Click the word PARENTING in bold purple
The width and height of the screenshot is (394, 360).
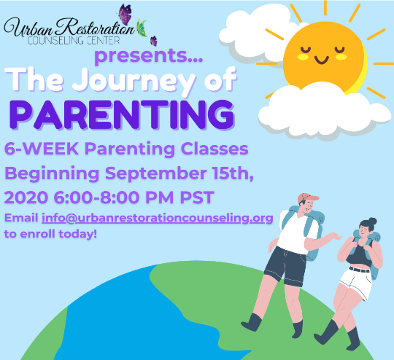pos(123,114)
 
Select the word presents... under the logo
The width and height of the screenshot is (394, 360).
pos(149,56)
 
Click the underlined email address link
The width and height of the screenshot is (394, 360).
pos(158,218)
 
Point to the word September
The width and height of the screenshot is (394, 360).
pos(156,173)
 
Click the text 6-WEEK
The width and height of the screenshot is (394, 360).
pos(42,149)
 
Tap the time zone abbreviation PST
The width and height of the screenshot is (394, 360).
pos(197,197)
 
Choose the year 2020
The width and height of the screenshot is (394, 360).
pos(26,197)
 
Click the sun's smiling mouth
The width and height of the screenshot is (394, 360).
pos(322,60)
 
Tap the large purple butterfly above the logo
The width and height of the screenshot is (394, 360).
pos(125,14)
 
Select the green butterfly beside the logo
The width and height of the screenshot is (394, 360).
pos(142,28)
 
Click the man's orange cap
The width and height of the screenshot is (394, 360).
pos(307,197)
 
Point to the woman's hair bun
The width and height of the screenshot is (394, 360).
pos(372,222)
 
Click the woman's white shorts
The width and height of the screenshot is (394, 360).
pos(356,283)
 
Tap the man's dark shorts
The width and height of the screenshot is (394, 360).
pos(285,266)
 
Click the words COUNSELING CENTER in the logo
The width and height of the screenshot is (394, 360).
pos(74,41)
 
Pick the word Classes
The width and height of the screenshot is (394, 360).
pos(215,149)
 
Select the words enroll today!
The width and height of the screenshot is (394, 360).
pos(58,234)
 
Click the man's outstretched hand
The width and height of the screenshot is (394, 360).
pos(336,237)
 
